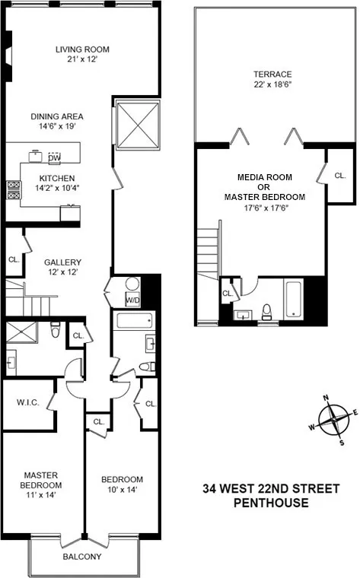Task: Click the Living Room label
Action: [x=80, y=51]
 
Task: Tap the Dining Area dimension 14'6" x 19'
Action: [x=57, y=127]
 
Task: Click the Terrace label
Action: [x=272, y=75]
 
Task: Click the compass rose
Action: [x=333, y=418]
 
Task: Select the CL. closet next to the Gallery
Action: [x=14, y=259]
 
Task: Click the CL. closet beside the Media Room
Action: [x=339, y=175]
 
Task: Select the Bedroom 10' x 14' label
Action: [x=123, y=484]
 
